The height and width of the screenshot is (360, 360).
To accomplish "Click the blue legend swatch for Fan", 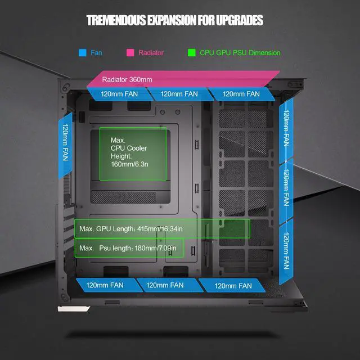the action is coord(82,53).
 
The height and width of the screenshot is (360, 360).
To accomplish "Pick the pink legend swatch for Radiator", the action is coord(129,53).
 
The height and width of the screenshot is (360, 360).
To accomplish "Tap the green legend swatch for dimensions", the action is coord(191,53).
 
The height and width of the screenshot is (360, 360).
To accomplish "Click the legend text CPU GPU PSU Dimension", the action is coord(240,53).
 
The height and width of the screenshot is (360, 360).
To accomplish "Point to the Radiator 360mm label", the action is coord(127,79).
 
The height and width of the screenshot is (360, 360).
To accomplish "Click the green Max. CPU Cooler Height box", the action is coord(133,153).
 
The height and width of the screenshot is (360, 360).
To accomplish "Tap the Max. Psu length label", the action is coord(105,248).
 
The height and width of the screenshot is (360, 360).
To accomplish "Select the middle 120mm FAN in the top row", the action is coord(179,94).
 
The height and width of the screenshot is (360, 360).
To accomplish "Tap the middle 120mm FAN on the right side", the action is coord(287,190).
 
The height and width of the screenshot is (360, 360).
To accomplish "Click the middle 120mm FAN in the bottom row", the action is coord(165,285).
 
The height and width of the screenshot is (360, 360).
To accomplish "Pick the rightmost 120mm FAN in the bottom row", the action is coord(233,286).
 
